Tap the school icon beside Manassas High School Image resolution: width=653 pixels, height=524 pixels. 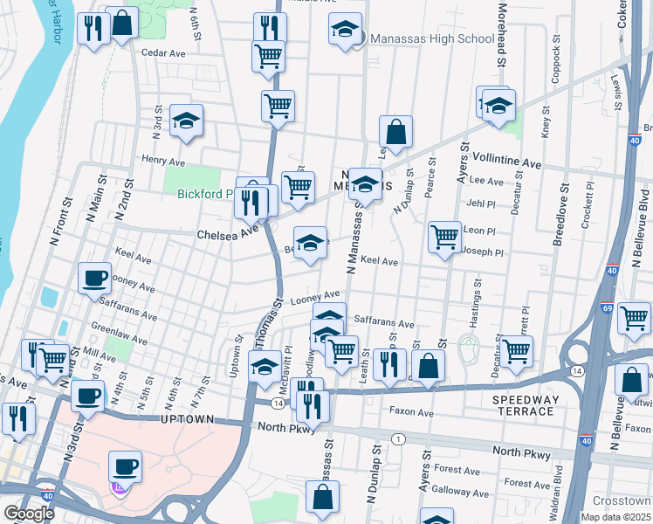point(346,31)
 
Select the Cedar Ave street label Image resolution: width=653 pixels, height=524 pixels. point(163,53)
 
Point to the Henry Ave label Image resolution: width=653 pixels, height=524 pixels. point(163,162)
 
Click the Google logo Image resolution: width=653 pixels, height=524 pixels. point(29,514)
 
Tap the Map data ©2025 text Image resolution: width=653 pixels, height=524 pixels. point(615,517)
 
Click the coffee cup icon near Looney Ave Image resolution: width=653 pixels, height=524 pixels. point(95,279)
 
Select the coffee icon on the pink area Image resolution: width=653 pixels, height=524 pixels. point(125,466)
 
